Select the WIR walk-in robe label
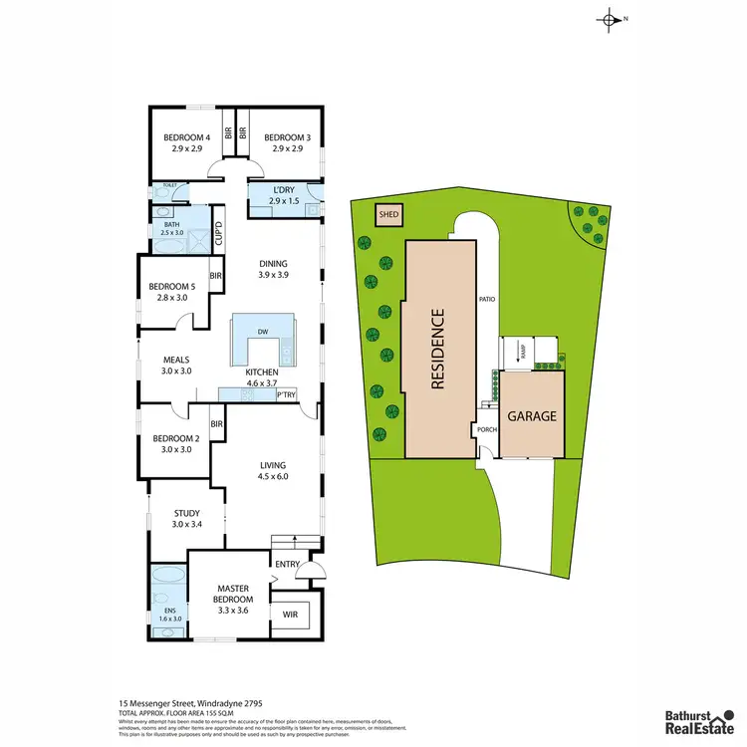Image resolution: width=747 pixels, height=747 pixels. [x=291, y=615]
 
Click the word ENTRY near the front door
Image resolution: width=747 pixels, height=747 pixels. [x=287, y=565]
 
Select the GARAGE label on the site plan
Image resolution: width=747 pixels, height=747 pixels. [x=532, y=416]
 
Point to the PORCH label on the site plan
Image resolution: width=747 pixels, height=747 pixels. [x=485, y=431]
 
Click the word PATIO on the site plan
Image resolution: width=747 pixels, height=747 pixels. [x=487, y=299]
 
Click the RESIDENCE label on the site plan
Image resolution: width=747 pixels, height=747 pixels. [x=438, y=349]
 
